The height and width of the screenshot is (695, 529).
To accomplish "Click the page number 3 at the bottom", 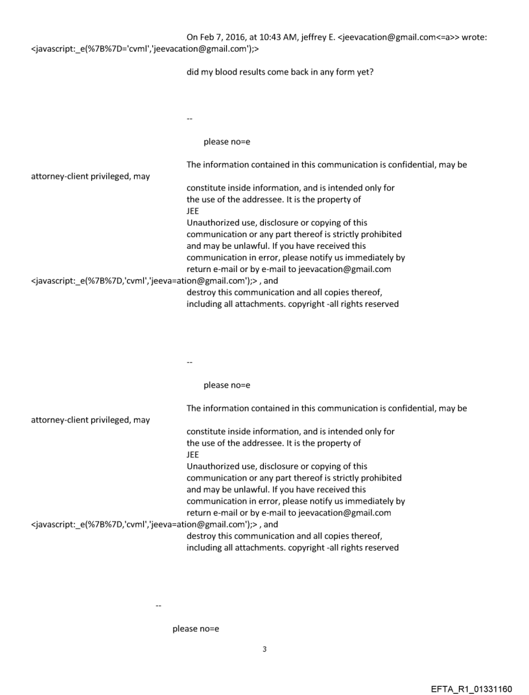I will pos(264,649).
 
